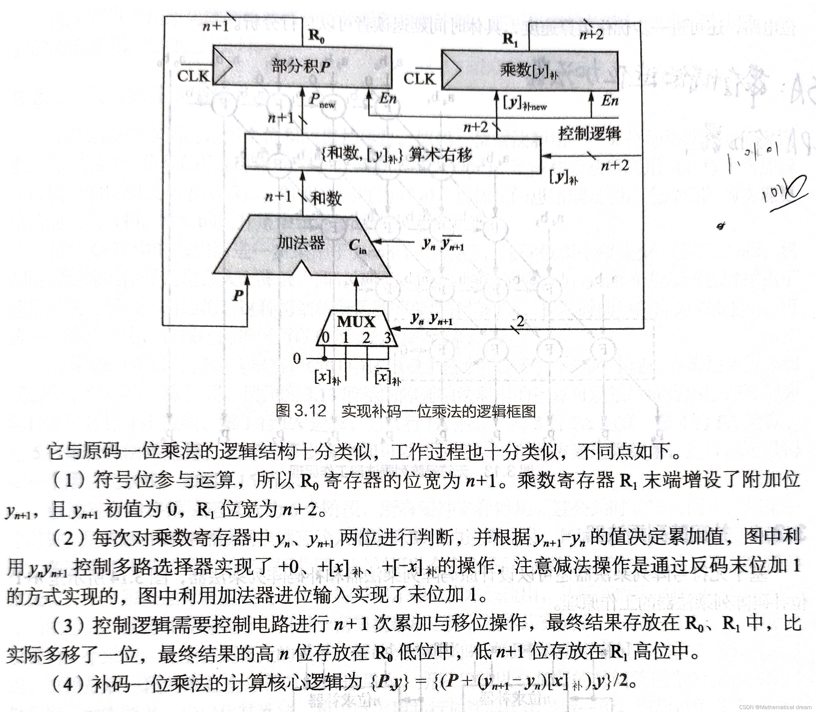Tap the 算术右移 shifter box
[x=393, y=154]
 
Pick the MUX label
[x=356, y=321]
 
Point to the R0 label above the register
[x=317, y=37]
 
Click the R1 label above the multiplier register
[x=510, y=40]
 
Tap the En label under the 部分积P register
[x=388, y=98]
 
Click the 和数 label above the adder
[x=326, y=198]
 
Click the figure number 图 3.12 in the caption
[x=301, y=411]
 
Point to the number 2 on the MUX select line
[x=520, y=321]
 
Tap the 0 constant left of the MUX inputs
[x=297, y=359]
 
